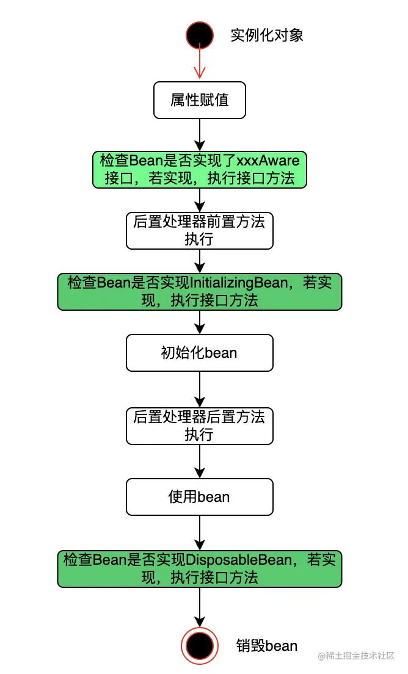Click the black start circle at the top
[200, 35]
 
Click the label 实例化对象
[267, 35]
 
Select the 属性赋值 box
[200, 100]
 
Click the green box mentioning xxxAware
[200, 169]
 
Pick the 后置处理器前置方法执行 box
[200, 230]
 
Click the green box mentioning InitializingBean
[200, 291]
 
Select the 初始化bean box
[200, 352]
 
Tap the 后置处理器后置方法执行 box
[200, 426]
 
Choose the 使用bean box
[200, 497]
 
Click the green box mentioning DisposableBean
[200, 568]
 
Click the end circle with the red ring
[200, 645]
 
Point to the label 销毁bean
[267, 645]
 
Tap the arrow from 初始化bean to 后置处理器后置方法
[200, 390]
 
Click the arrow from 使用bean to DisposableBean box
[200, 532]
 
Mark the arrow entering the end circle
[200, 607]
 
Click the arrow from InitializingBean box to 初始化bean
[200, 322]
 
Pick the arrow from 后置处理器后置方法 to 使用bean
[200, 462]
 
